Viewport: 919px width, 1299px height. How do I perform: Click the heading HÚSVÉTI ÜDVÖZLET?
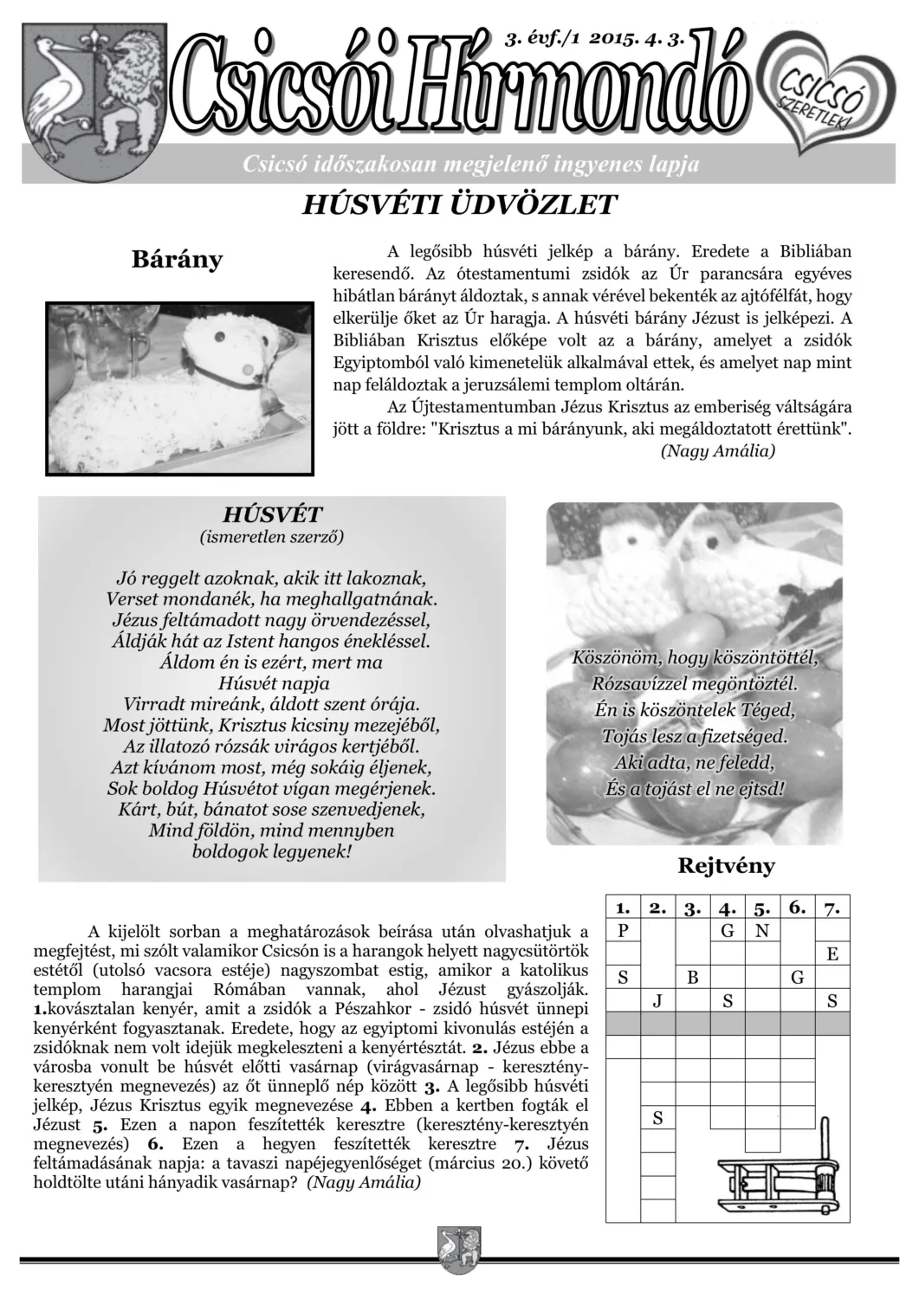click(458, 205)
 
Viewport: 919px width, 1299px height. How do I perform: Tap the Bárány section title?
click(177, 259)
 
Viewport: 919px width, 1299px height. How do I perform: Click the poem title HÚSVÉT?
click(272, 514)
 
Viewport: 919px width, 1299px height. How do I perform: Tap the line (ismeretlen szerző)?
click(272, 537)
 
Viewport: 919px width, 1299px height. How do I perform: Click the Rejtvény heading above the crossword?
click(726, 865)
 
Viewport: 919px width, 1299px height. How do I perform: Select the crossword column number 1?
click(622, 908)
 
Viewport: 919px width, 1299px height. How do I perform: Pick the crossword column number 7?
click(832, 908)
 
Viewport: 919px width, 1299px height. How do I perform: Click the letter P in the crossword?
click(622, 932)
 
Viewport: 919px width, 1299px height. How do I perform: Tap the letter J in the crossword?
click(657, 1002)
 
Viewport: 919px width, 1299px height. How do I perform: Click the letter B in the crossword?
click(693, 979)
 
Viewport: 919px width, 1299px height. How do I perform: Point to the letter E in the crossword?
click(832, 955)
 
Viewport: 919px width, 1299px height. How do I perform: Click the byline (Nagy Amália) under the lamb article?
click(717, 451)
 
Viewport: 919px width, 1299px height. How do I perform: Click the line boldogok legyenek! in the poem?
click(272, 851)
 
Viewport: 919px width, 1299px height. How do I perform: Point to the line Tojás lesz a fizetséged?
click(695, 738)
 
